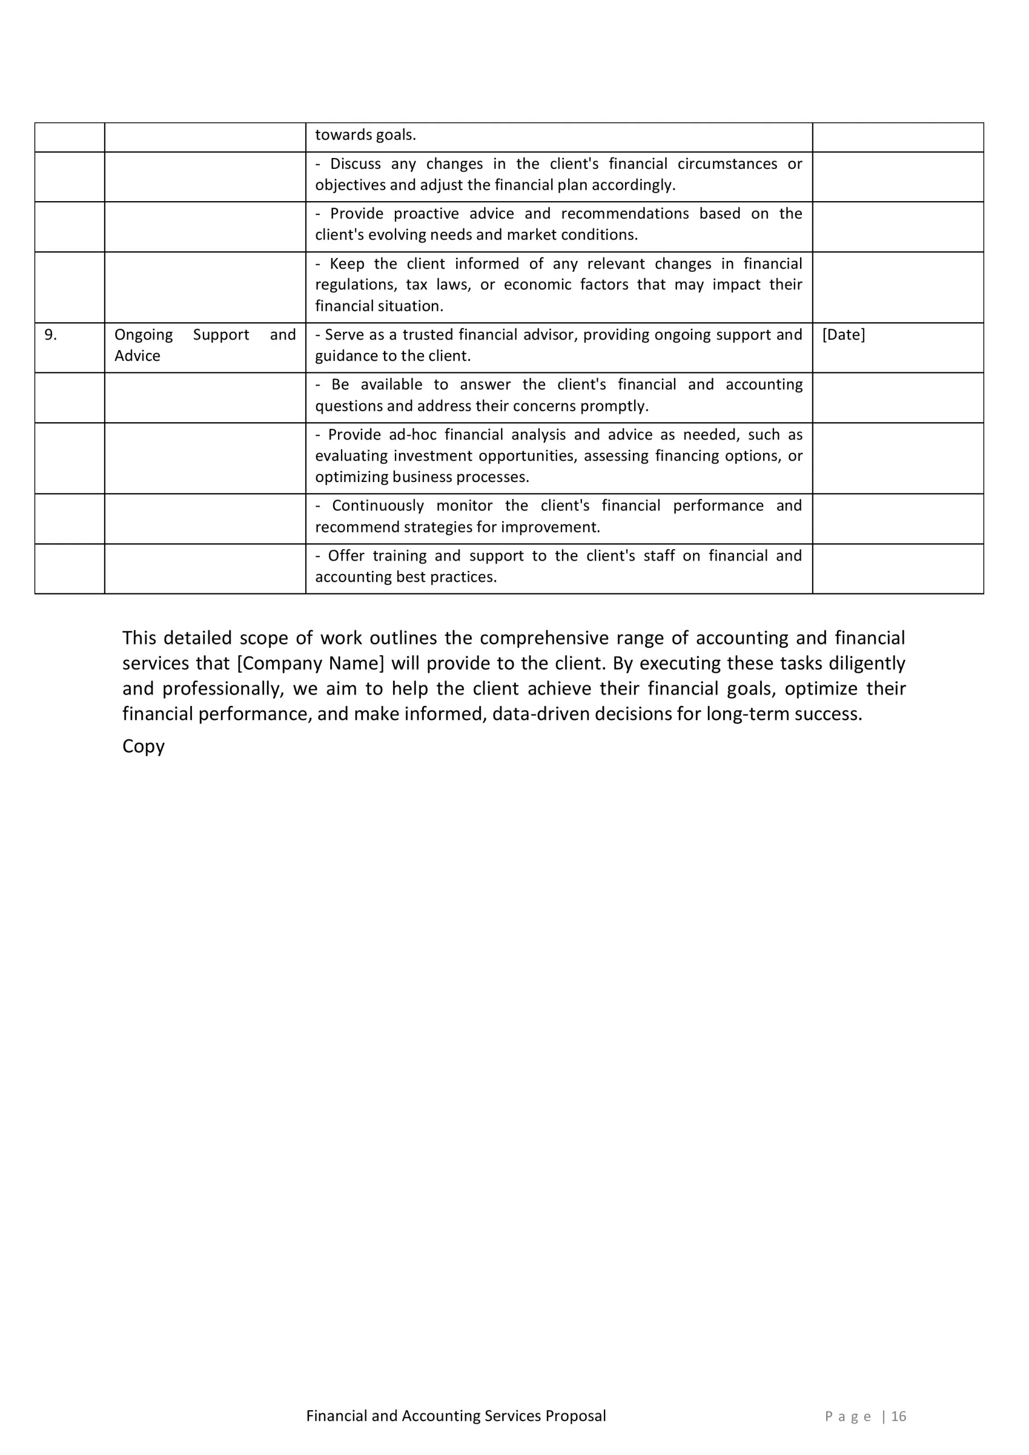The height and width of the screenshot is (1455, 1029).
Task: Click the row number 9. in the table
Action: (x=51, y=335)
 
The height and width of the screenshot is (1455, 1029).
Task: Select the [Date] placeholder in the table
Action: (x=843, y=335)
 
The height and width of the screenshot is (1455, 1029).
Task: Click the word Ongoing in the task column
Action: (x=143, y=335)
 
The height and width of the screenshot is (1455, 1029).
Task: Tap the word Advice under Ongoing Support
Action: (x=137, y=356)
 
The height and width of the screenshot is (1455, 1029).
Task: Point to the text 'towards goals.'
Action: (x=365, y=135)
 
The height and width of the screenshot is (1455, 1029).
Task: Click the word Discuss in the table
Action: (x=356, y=164)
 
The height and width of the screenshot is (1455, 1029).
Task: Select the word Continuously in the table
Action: (x=378, y=506)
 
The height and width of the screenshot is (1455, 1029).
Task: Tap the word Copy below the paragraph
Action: (x=143, y=746)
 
